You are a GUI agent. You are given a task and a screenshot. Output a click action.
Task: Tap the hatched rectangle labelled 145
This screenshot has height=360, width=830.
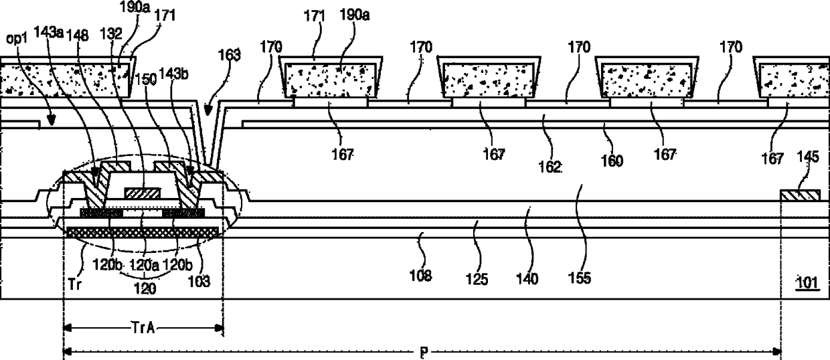click(801, 195)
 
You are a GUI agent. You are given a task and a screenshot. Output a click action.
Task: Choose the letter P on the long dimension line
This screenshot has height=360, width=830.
click(422, 351)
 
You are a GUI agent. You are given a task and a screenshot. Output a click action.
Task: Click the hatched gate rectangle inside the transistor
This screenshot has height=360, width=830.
click(143, 193)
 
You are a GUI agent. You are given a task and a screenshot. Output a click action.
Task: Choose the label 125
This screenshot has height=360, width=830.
click(477, 274)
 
